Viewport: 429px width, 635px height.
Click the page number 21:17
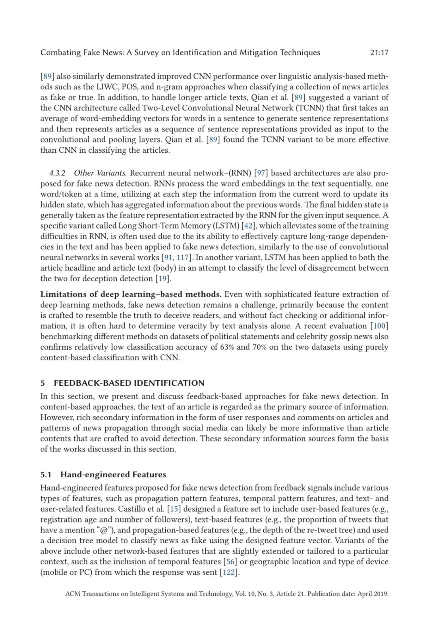point(379,52)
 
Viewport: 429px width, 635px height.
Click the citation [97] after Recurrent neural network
point(261,173)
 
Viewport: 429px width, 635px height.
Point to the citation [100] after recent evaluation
point(379,326)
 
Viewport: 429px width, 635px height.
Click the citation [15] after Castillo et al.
point(174,509)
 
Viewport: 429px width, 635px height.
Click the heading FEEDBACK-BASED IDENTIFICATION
point(129,383)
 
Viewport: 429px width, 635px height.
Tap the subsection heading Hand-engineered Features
point(113,475)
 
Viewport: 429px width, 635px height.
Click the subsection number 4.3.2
point(57,173)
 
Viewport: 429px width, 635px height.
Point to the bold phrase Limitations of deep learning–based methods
point(131,294)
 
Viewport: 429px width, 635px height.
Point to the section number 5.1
point(46,475)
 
